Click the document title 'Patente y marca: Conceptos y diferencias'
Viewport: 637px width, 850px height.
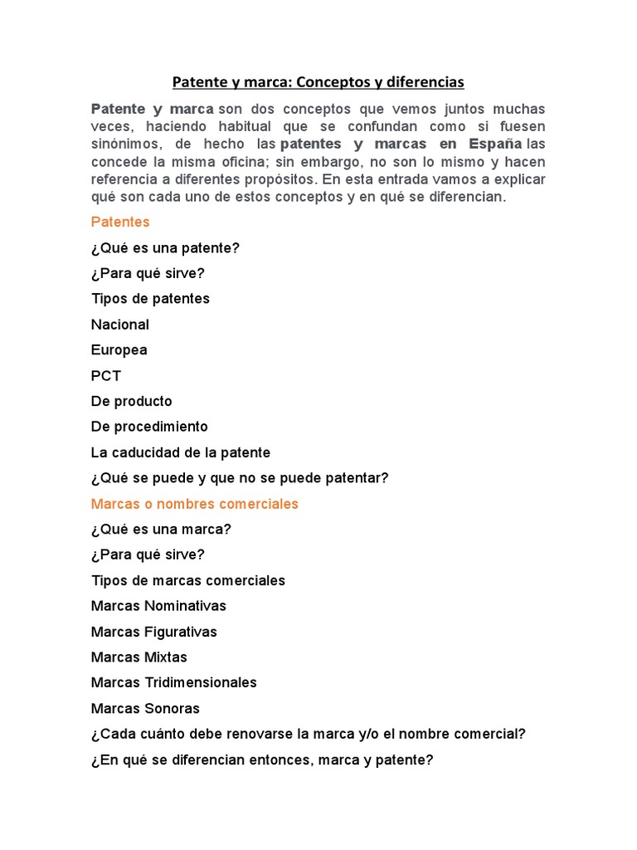click(318, 82)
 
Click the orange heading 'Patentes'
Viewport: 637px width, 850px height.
click(120, 222)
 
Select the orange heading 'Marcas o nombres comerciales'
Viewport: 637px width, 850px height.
click(195, 504)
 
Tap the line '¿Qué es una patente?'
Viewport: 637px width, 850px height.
click(165, 248)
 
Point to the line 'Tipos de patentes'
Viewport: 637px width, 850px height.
click(150, 299)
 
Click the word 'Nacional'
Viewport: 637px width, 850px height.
click(120, 325)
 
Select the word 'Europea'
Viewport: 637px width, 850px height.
click(119, 350)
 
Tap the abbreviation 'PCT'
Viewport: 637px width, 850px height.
click(106, 376)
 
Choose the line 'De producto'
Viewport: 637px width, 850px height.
click(132, 402)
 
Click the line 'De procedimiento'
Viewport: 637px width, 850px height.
click(149, 427)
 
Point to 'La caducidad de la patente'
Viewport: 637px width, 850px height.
click(181, 453)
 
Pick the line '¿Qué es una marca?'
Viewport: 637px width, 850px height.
click(161, 530)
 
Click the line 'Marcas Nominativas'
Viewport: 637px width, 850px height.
click(158, 606)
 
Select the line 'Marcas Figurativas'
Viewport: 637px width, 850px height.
click(154, 632)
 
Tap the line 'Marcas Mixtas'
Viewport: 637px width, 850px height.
click(139, 657)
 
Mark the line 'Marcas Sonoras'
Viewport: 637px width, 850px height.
click(145, 709)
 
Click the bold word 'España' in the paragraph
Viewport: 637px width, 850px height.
click(495, 144)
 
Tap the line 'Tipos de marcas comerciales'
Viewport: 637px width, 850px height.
click(188, 580)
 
